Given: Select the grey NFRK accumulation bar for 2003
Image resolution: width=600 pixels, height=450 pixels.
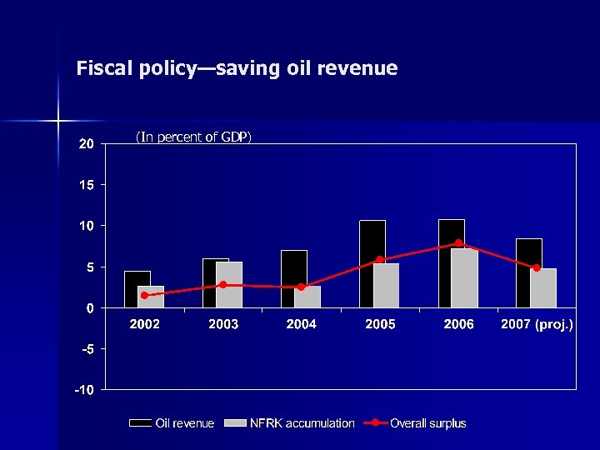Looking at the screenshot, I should pos(229,285).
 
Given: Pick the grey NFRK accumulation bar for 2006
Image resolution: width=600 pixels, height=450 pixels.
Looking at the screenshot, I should pos(465,278).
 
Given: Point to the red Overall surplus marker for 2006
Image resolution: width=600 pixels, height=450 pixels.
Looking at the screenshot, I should pos(458,243).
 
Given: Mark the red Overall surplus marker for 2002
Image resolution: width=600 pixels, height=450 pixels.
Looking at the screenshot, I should pos(144,295).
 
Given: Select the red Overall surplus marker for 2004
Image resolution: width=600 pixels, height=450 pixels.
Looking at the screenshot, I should pos(301,287).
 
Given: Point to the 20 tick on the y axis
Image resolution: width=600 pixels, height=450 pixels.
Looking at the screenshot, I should pos(86,143).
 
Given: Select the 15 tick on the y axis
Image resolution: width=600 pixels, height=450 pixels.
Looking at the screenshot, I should pos(86,184).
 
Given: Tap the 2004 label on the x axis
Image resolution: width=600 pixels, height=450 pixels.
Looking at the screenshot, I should pos(301,324).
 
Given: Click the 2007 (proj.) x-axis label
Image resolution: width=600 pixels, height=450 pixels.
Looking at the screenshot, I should pos(537,324).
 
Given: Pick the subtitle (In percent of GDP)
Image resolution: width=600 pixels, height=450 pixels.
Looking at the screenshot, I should pos(193,137).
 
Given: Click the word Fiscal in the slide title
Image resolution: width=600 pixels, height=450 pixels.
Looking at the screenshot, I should pos(102,68).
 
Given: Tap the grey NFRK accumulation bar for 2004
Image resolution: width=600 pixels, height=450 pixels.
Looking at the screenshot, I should pos(307,297).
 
